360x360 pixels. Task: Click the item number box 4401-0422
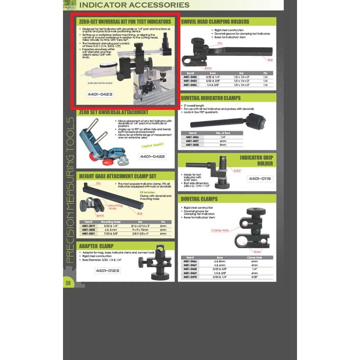tap(152, 157)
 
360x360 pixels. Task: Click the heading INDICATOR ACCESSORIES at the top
tap(134, 5)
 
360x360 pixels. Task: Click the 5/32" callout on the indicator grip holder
tap(238, 170)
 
